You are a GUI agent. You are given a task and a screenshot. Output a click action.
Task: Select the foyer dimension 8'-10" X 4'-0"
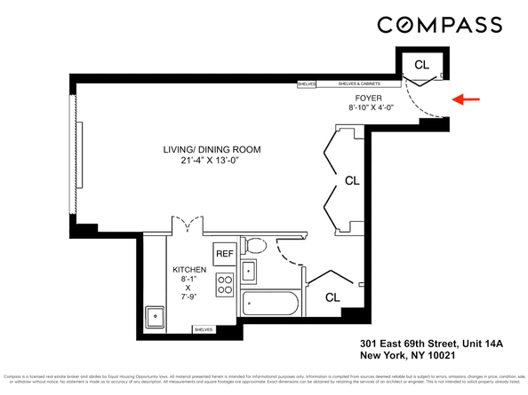pyautogui.click(x=369, y=108)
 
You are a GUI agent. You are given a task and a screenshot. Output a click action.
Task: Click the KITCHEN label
pyautogui.click(x=189, y=269)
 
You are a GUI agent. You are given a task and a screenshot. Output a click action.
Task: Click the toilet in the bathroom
pyautogui.click(x=255, y=244)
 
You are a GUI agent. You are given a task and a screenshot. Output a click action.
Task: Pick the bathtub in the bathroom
pyautogui.click(x=272, y=304)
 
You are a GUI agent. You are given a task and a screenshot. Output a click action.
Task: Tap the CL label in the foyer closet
pyautogui.click(x=421, y=65)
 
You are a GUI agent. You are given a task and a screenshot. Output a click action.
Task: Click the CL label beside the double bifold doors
pyautogui.click(x=352, y=180)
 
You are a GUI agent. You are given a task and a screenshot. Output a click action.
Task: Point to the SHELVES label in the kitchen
pyautogui.click(x=204, y=329)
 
